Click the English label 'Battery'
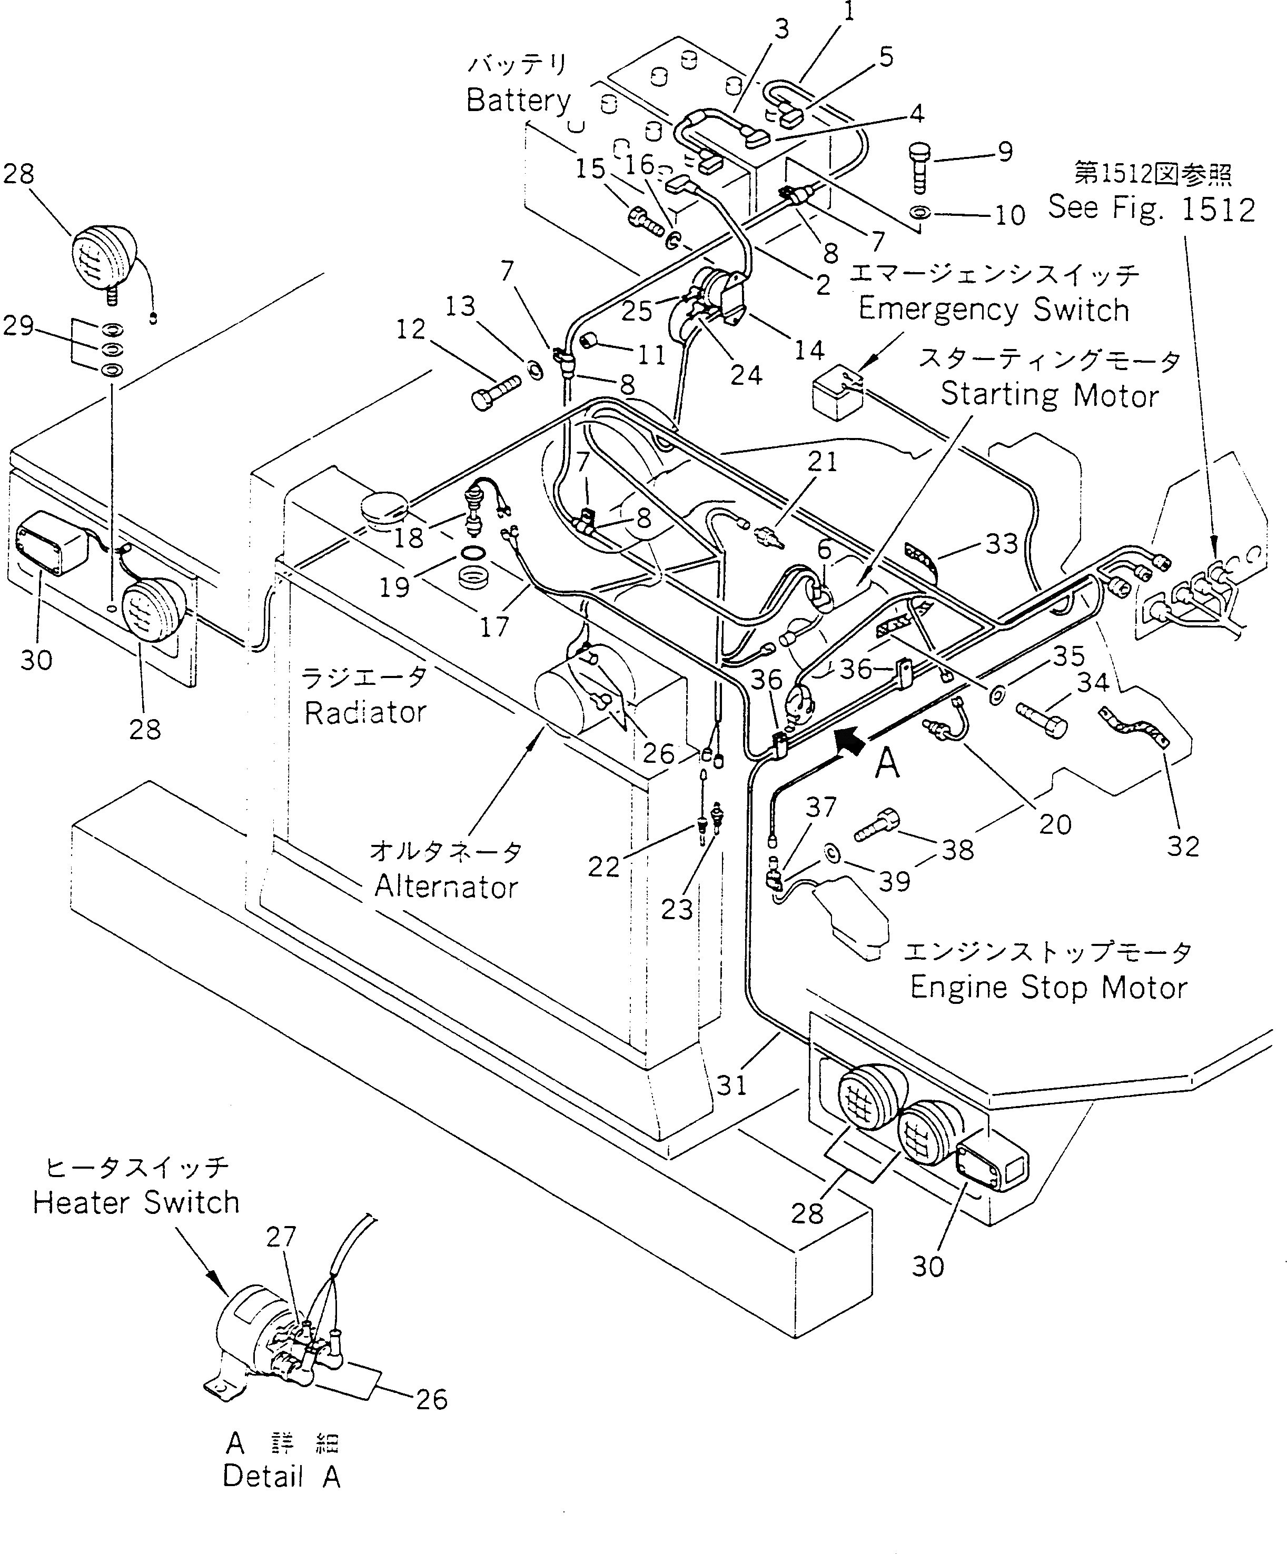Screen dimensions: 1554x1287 [x=518, y=101]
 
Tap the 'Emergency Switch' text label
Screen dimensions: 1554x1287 [x=993, y=310]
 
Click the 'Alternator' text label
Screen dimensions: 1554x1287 [x=445, y=886]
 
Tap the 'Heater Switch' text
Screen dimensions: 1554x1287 [x=136, y=1202]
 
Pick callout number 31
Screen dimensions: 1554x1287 [x=731, y=1085]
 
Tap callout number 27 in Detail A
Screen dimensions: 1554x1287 [x=281, y=1237]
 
